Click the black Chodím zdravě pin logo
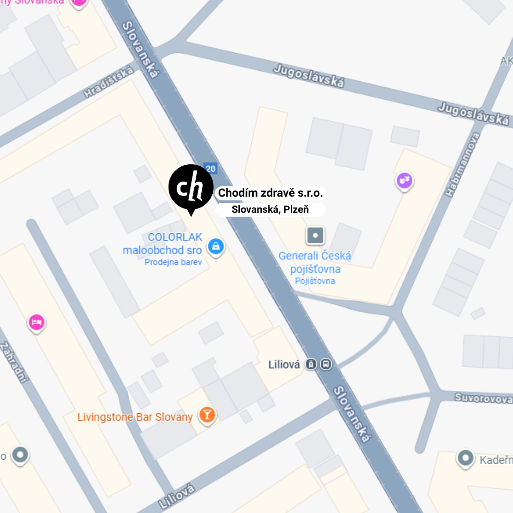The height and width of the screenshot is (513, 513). point(191,188)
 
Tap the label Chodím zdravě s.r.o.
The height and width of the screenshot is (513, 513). point(270,193)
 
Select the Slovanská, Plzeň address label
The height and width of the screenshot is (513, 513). point(270,209)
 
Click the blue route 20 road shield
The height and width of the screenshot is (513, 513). point(210,168)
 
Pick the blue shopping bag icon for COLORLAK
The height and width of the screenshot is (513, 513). point(216,246)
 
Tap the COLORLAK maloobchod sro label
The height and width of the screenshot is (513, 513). point(162,244)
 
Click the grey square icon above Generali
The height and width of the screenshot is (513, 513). point(315,236)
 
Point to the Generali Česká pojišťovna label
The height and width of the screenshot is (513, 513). point(315,263)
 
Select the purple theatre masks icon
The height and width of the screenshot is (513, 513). point(404,180)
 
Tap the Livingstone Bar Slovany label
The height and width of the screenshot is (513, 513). point(135,418)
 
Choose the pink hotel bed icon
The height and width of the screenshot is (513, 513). point(37,322)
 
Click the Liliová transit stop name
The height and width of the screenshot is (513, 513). point(284,365)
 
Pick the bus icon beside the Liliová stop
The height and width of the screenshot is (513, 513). point(326,364)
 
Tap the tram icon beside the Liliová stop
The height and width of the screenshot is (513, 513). point(311,364)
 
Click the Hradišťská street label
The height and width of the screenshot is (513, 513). point(109,82)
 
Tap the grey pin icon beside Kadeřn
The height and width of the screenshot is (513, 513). point(465,458)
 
